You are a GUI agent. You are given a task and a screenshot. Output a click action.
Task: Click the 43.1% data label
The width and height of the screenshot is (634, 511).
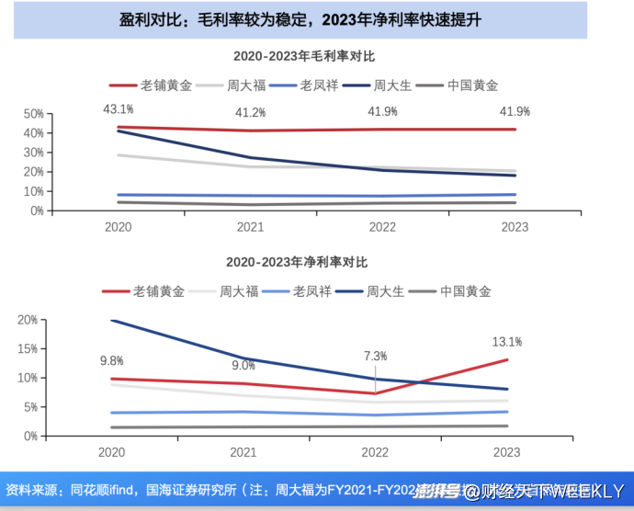pos(117,109)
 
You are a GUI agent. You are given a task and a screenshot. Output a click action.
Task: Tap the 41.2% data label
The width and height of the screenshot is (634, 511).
pos(250,113)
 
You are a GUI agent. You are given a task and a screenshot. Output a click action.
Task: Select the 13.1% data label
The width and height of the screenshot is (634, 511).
pos(507,342)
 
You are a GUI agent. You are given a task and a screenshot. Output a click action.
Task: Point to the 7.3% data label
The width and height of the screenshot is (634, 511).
pos(375,355)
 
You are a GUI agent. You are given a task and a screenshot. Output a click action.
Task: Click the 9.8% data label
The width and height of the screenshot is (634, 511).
pos(111,360)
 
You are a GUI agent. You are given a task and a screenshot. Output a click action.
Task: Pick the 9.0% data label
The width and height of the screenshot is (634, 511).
pos(243,365)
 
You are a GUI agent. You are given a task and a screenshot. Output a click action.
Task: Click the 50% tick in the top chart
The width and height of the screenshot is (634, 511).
pos(33,114)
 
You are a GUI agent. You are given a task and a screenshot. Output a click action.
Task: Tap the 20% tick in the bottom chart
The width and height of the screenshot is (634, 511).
pos(27,320)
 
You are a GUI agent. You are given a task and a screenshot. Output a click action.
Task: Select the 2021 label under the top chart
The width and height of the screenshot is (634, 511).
pos(250,226)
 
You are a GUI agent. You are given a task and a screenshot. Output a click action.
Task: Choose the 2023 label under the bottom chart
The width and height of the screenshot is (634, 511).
pos(506,452)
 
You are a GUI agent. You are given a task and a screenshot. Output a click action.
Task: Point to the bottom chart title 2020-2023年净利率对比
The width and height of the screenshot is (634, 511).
pos(296,263)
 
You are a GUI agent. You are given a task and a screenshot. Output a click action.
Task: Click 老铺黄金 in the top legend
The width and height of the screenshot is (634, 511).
pos(165,85)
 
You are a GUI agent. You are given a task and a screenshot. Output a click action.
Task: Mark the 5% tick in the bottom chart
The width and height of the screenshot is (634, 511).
pos(29,406)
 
